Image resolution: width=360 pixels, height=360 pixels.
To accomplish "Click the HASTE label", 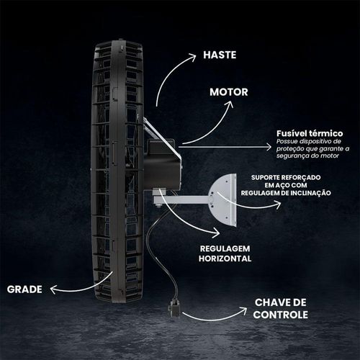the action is coord(220,55).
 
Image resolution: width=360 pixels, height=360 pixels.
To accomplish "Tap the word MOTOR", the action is coord(229,92).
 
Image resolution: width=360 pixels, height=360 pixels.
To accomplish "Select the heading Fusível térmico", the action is coord(310,133).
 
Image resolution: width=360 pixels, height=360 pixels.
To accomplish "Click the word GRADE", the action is coord(24,289).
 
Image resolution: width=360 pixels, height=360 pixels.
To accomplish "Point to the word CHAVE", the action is coord(274,302).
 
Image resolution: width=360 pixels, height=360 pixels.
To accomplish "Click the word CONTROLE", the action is coord(280,315).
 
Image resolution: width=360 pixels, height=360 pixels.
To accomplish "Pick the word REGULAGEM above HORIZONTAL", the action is coord(225,248).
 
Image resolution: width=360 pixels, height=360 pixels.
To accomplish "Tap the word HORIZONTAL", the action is coord(225,258).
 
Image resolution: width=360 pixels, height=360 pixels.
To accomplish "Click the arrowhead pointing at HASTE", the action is coord(192,58).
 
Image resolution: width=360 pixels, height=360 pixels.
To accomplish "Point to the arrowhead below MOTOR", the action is coord(230,104).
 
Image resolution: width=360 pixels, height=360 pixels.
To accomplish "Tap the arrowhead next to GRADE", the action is coord(54,289).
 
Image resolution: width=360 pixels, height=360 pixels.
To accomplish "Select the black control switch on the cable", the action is coord(175,308).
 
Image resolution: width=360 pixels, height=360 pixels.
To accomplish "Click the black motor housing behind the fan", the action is coord(162,163).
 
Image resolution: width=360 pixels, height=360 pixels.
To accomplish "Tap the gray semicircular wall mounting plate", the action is coord(222,199).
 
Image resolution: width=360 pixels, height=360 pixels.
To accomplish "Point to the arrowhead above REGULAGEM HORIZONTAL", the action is coord(216,233).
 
